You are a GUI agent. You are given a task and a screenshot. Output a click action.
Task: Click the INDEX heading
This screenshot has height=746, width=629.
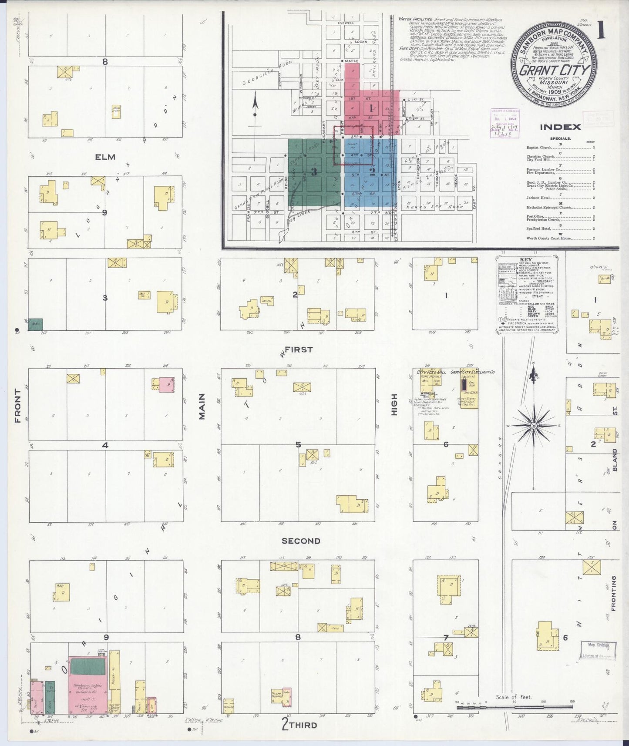pos(560,127)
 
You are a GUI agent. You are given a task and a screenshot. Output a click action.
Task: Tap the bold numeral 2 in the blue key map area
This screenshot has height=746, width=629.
pos(372,171)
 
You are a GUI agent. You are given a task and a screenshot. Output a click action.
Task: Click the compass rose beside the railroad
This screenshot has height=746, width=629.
pos(533,425)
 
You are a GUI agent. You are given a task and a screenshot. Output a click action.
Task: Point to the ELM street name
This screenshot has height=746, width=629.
pos(105,157)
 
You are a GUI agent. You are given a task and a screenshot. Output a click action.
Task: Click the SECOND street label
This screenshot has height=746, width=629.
pos(301,541)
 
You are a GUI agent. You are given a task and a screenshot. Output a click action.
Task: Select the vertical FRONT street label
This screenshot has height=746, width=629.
pos(18,406)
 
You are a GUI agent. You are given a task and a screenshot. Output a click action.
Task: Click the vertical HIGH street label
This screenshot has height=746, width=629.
pos(394,404)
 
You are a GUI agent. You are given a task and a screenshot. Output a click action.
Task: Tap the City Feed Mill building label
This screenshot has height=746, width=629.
pos(431,373)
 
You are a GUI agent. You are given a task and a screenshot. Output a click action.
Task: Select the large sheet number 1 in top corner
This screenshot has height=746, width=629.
pos(602,30)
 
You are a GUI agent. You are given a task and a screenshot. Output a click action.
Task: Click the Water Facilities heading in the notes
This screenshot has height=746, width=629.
pos(415,19)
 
